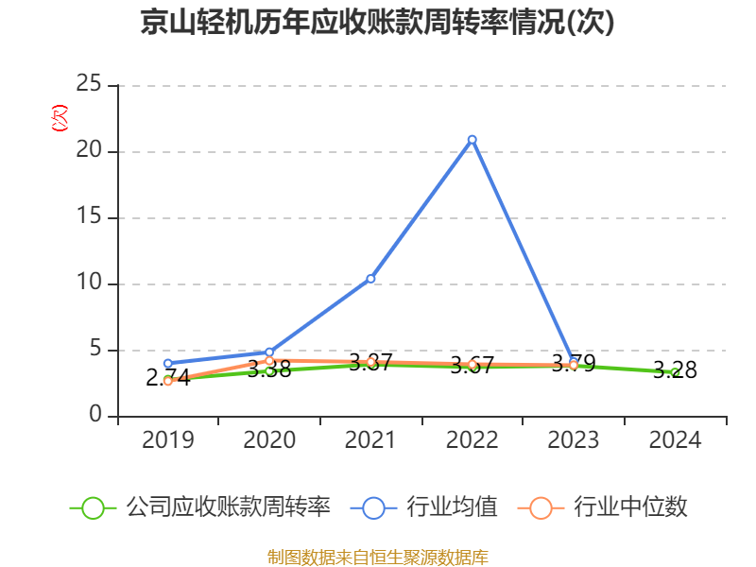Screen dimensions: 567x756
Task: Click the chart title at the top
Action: [377, 23]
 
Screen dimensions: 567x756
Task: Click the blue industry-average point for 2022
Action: [472, 140]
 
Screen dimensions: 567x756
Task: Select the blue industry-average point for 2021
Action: [370, 279]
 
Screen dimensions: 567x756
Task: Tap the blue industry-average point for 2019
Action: [168, 363]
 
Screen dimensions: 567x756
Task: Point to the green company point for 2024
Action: [675, 372]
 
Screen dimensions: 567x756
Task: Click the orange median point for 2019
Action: [168, 382]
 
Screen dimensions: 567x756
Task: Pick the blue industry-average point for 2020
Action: [269, 352]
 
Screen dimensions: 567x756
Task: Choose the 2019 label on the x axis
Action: [168, 440]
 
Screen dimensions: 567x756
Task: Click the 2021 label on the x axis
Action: [370, 440]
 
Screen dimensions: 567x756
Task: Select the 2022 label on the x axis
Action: [472, 440]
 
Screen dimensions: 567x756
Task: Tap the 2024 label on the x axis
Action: [675, 440]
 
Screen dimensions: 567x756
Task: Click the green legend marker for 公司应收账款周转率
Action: [93, 507]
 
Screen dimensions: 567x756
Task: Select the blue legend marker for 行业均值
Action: [373, 507]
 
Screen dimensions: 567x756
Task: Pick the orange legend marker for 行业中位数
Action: [541, 507]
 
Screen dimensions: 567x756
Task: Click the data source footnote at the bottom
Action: [377, 557]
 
